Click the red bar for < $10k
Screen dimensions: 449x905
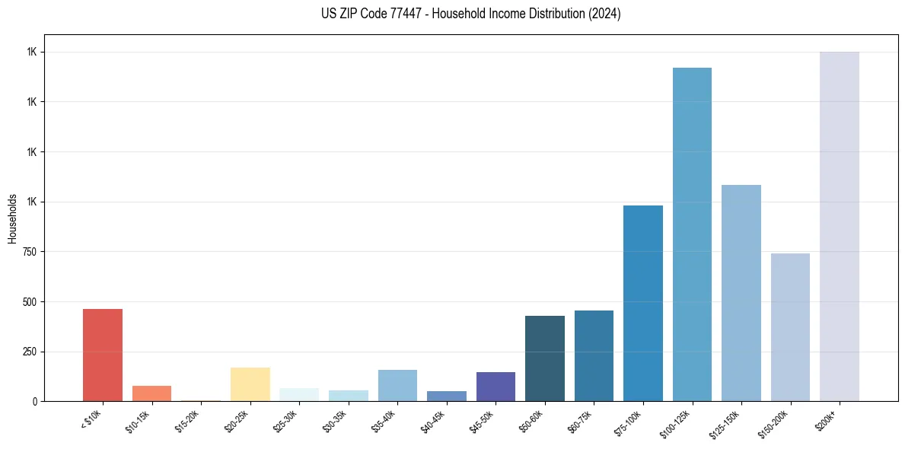[103, 355]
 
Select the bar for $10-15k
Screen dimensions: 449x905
[151, 393]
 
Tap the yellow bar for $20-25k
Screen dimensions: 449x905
[250, 384]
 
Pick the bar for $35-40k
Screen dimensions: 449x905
[397, 385]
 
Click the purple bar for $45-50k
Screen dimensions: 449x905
[496, 387]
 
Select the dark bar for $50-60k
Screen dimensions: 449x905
[545, 358]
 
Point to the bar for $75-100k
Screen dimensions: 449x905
[643, 303]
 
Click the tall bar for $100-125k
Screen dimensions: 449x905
[692, 234]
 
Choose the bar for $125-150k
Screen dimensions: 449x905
[741, 293]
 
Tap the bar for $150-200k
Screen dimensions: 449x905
[790, 327]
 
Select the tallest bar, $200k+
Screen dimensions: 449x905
[840, 226]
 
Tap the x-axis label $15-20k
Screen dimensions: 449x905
[188, 420]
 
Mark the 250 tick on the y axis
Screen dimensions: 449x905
[31, 352]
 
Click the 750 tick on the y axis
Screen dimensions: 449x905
[31, 252]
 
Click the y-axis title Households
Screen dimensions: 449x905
[12, 218]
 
